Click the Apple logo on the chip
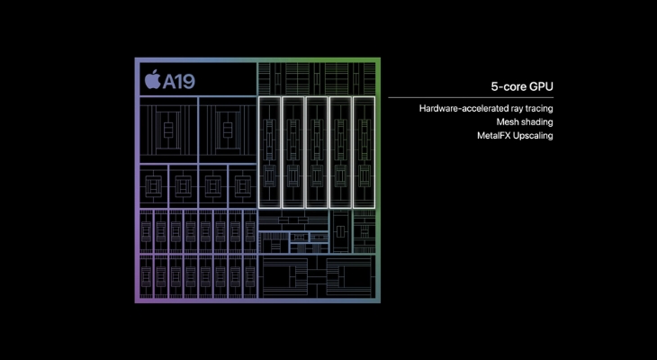point(150,79)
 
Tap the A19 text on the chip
point(177,80)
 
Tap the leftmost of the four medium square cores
point(156,185)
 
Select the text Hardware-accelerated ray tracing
point(485,109)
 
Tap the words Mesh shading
point(524,122)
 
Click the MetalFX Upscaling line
point(515,136)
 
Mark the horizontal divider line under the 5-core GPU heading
point(471,97)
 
